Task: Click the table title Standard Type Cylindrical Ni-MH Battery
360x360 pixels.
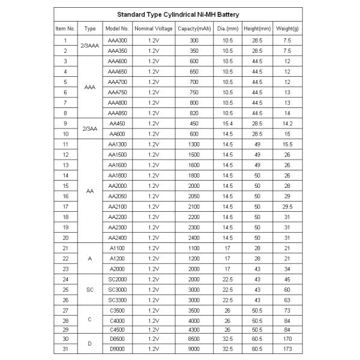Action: pyautogui.click(x=181, y=13)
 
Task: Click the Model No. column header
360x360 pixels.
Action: pyautogui.click(x=117, y=28)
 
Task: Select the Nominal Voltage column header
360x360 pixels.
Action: pyautogui.click(x=153, y=28)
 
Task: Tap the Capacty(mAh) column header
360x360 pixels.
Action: pyautogui.click(x=193, y=28)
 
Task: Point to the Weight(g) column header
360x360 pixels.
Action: pyautogui.click(x=287, y=28)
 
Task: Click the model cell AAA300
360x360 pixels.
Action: pyautogui.click(x=117, y=40)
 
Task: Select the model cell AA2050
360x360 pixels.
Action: pyautogui.click(x=117, y=196)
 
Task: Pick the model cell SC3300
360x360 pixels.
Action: pyautogui.click(x=117, y=300)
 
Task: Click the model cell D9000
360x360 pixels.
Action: pyautogui.click(x=117, y=349)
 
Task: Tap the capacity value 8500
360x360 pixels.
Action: pyautogui.click(x=193, y=339)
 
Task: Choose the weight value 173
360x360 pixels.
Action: pyautogui.click(x=287, y=349)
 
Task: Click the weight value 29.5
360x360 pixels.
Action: pyautogui.click(x=287, y=206)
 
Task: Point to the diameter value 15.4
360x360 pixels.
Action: pyautogui.click(x=227, y=123)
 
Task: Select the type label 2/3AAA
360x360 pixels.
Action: pyautogui.click(x=90, y=46)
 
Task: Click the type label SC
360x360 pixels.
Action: pyautogui.click(x=90, y=290)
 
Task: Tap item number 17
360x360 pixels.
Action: pyautogui.click(x=65, y=206)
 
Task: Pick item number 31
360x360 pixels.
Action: pyautogui.click(x=65, y=349)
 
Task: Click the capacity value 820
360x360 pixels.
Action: pyautogui.click(x=193, y=113)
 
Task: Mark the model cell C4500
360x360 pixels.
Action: pyautogui.click(x=117, y=329)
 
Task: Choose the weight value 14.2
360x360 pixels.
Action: pyautogui.click(x=287, y=123)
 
